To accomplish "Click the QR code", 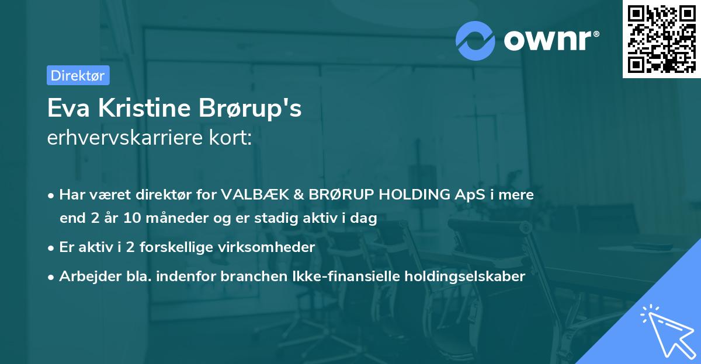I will pos(661,39).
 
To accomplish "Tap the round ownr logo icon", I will pos(476,40).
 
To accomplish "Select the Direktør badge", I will pos(78,75).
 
